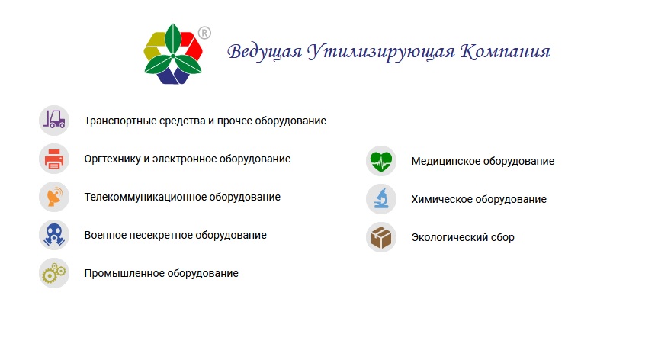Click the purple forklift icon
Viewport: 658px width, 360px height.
click(54, 121)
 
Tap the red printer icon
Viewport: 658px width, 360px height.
click(54, 159)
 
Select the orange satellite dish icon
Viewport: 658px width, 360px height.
click(54, 197)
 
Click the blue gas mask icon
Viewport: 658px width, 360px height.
click(54, 235)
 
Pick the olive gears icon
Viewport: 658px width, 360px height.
click(54, 273)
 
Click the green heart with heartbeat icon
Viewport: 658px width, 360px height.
click(380, 161)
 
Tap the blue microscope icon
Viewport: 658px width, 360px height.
click(380, 199)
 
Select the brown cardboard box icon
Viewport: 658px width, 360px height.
click(380, 237)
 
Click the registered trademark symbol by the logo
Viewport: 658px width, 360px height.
click(204, 33)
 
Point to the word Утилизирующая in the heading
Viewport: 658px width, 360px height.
click(380, 53)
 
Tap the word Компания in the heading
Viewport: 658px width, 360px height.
click(506, 53)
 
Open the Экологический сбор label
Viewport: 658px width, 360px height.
click(463, 238)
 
